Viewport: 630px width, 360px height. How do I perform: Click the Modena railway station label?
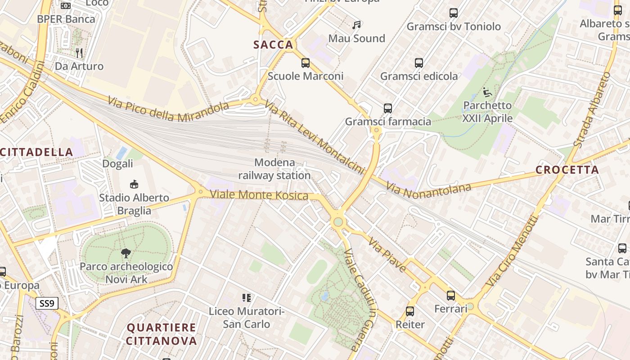pos(274,169)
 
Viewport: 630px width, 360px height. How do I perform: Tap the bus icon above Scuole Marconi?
pos(306,63)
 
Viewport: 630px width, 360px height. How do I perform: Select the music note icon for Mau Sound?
pos(357,25)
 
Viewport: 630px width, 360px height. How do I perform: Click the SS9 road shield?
pos(47,303)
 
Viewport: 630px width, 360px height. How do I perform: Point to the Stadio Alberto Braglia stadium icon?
pos(134,184)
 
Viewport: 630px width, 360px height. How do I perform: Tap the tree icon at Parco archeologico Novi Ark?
pos(126,253)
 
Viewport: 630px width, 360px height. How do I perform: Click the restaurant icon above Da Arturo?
pos(79,53)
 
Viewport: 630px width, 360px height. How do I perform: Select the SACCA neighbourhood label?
pos(273,45)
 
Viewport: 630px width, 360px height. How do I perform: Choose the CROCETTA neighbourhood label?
pos(567,170)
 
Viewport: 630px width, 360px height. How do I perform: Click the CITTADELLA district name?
pos(37,152)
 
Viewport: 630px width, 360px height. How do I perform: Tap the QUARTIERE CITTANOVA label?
pos(161,334)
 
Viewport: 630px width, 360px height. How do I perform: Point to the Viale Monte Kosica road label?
pos(259,195)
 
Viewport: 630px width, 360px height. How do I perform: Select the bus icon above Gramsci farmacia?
pos(388,108)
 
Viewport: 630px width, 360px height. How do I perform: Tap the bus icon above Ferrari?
pos(451,296)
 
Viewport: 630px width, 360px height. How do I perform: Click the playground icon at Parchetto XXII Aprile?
pos(487,93)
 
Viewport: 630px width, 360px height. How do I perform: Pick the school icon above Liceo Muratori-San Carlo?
pos(246,297)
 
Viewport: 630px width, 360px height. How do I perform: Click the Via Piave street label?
pos(387,255)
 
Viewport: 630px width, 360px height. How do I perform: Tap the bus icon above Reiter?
pos(410,311)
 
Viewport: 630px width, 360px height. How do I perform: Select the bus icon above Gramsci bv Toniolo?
pos(454,13)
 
